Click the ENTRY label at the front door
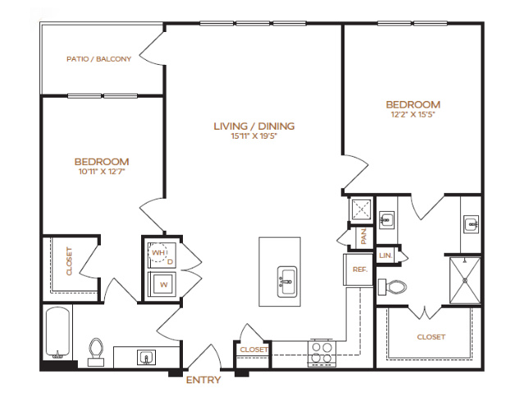click(203, 380)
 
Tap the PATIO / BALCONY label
click(98, 59)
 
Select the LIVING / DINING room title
click(254, 126)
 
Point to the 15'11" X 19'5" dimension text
click(254, 136)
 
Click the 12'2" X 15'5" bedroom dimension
click(413, 115)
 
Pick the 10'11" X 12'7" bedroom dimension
click(102, 172)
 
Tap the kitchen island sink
click(286, 282)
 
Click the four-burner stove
click(322, 353)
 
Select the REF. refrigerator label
click(360, 269)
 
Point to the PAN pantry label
click(363, 236)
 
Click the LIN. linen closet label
click(386, 255)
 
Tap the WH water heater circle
click(158, 253)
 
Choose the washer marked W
click(163, 284)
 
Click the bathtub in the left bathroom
click(57, 332)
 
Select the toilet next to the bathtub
click(96, 352)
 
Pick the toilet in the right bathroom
click(392, 287)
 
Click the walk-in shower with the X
click(465, 281)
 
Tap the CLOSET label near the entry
click(253, 350)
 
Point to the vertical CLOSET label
click(69, 261)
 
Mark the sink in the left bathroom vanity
click(146, 358)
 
